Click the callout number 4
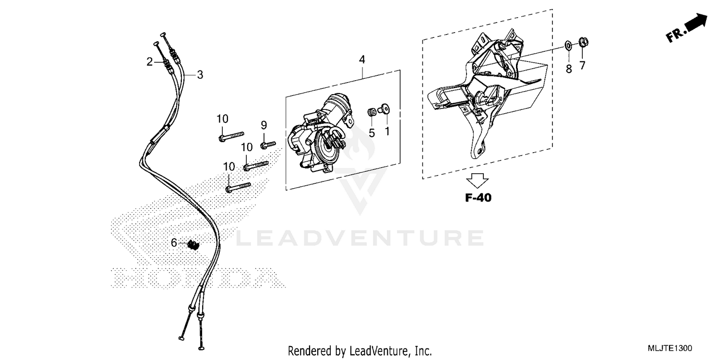pyautogui.click(x=362, y=60)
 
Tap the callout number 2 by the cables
pyautogui.click(x=150, y=61)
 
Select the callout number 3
pyautogui.click(x=200, y=75)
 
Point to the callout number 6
pyautogui.click(x=174, y=243)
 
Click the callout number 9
pyautogui.click(x=264, y=125)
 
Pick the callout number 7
pyautogui.click(x=582, y=65)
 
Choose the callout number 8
pyautogui.click(x=569, y=69)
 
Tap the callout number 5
pyautogui.click(x=372, y=133)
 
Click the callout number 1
pyautogui.click(x=387, y=131)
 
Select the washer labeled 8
pyautogui.click(x=568, y=46)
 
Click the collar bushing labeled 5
pyautogui.click(x=371, y=112)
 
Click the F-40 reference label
pyautogui.click(x=478, y=197)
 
